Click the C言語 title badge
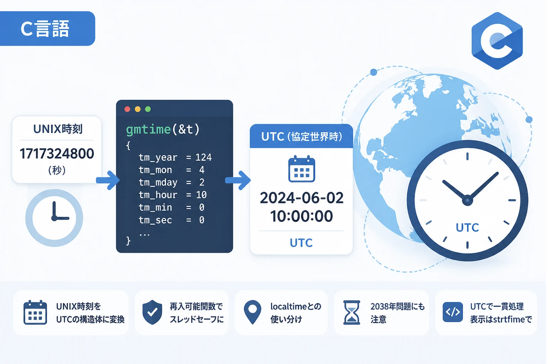[47, 28]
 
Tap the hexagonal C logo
[497, 41]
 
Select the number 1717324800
[57, 154]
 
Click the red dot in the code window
[127, 109]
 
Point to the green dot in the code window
[148, 109]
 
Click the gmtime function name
[148, 130]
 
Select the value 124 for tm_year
[204, 157]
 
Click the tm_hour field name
[158, 195]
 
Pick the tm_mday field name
[158, 183]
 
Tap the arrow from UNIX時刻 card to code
[108, 181]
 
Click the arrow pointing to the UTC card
[238, 181]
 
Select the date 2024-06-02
[301, 198]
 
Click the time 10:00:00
[301, 216]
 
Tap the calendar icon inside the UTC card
[302, 169]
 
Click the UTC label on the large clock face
[467, 227]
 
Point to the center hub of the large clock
[467, 200]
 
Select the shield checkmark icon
[152, 312]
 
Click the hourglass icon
[352, 312]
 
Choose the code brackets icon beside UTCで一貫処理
[453, 312]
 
